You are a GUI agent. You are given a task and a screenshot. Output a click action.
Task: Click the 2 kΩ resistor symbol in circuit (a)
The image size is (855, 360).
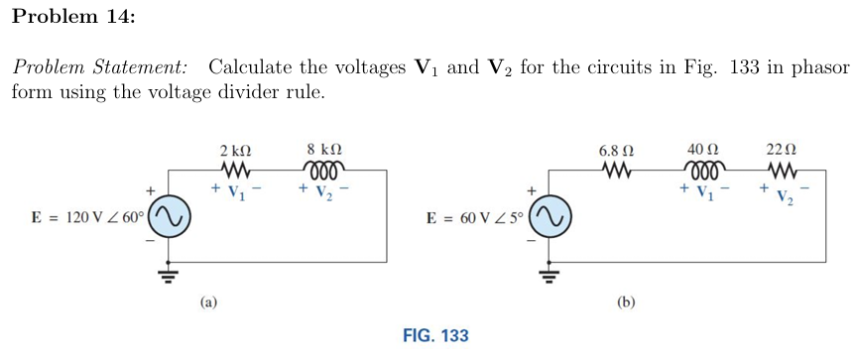coord(234,171)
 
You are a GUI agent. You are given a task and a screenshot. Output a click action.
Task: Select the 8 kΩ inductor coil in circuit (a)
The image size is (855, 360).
coord(325,171)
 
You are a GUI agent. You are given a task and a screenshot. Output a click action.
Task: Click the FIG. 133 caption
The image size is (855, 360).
coord(435,335)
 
